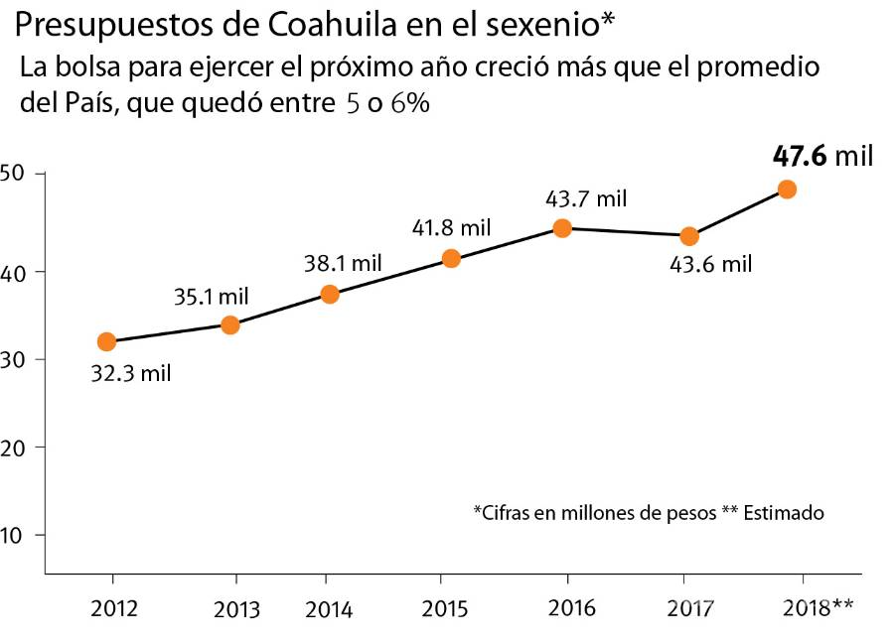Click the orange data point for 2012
coord(106,341)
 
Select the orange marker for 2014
coord(330,294)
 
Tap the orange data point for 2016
coord(562,228)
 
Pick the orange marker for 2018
coord(787,190)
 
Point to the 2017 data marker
coord(688,236)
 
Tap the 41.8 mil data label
coord(451,227)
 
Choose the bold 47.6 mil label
coord(822,156)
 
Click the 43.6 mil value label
coord(709,265)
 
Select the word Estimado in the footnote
coord(784,513)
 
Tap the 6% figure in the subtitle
coord(410,104)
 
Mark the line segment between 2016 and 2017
coord(626,232)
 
